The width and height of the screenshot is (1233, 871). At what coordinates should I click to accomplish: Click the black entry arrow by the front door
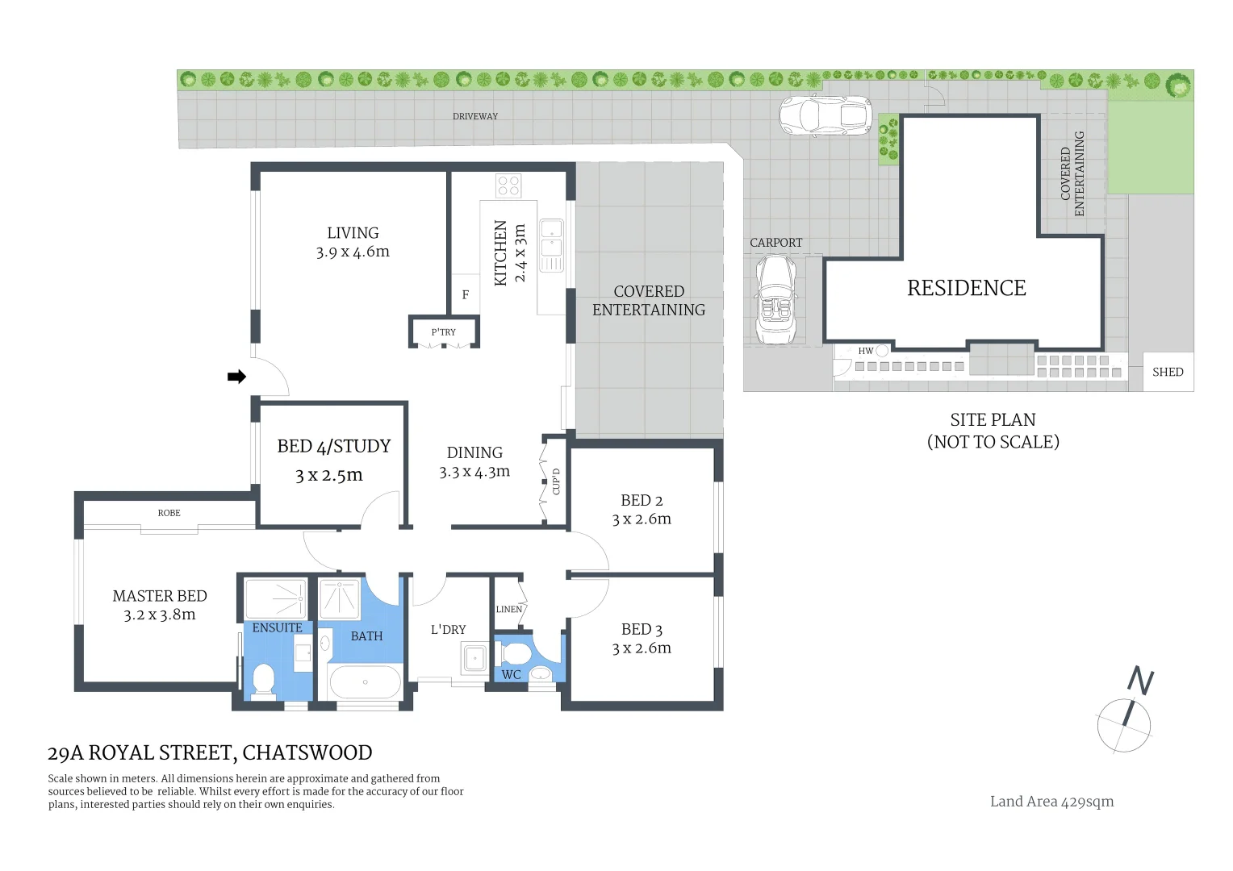point(236,377)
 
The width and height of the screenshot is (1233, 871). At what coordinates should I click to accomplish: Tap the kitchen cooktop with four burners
point(508,185)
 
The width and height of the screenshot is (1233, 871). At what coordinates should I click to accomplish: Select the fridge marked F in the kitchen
point(466,294)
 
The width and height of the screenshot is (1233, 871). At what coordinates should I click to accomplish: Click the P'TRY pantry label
point(444,331)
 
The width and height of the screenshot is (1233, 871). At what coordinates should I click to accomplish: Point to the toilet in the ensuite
point(263,681)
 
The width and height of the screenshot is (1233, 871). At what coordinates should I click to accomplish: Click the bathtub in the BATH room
point(365,682)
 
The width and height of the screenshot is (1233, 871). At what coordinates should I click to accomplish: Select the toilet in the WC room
point(514,655)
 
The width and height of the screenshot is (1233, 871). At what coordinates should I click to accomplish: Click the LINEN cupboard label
point(508,609)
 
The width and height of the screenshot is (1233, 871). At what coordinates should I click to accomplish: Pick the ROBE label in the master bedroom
point(169,513)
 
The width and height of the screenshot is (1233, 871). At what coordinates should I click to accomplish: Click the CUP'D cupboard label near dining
point(556,481)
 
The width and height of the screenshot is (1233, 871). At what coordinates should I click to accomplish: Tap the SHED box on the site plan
point(1168,372)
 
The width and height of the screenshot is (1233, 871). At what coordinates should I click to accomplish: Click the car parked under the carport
point(776,300)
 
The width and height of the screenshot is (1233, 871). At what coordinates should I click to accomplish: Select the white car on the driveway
point(825,116)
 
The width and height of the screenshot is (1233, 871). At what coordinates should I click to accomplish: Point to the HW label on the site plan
point(865,351)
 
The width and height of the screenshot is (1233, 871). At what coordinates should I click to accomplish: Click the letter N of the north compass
point(1140,681)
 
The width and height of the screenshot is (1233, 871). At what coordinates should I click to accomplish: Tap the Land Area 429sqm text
point(1052,802)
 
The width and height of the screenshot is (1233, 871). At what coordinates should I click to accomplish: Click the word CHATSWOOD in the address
point(307,752)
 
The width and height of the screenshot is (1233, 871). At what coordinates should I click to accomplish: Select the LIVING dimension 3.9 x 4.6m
point(353,252)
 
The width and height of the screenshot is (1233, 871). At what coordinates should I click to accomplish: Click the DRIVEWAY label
point(475,116)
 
